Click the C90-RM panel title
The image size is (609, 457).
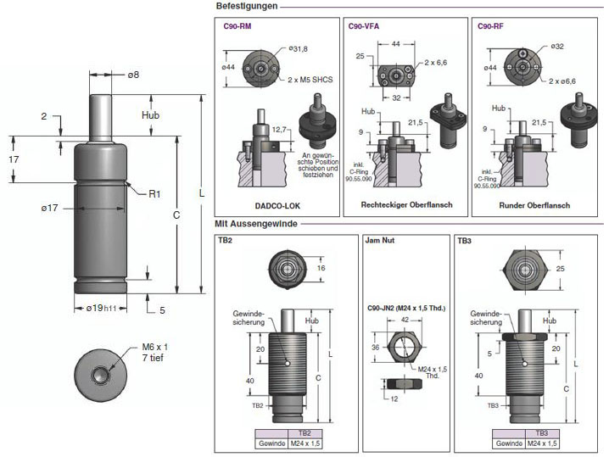(237, 26)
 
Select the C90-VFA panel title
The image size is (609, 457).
(364, 26)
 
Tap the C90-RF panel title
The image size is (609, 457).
(491, 26)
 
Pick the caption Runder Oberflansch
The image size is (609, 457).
(534, 205)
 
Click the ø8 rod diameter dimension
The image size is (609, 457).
(133, 75)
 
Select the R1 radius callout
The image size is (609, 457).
(154, 194)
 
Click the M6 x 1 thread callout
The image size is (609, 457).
(154, 348)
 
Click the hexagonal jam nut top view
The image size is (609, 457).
(403, 346)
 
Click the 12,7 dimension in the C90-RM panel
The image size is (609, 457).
(282, 129)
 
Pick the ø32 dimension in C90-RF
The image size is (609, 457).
(557, 46)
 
